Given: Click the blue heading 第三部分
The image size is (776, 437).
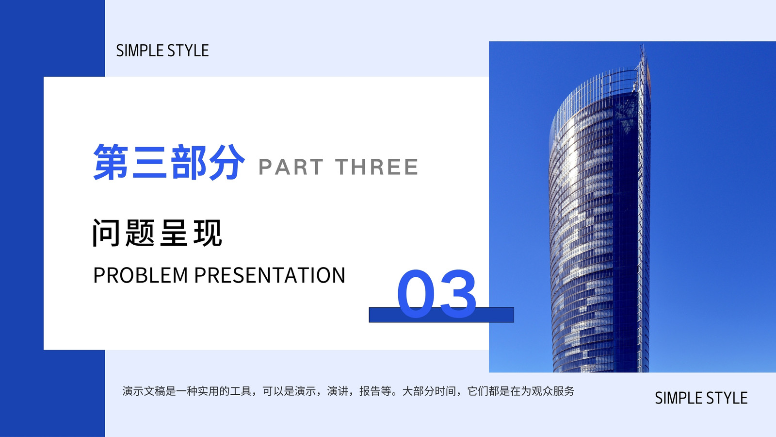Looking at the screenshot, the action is point(169,162).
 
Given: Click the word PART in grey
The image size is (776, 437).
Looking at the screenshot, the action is point(291,167).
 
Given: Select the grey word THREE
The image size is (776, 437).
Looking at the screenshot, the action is point(376,167).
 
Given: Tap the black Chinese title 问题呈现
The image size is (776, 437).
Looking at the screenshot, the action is point(157,233).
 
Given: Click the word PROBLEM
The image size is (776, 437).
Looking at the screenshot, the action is point(141,275).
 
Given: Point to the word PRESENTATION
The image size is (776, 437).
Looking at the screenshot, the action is point(270,275).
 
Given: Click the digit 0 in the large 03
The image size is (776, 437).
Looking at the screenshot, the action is point(416,293).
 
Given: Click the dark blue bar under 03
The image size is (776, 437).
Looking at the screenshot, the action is point(441,315).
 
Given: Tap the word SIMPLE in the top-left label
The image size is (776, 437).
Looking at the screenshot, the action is point(140,50).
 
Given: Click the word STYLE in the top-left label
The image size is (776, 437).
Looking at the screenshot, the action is point(188,50).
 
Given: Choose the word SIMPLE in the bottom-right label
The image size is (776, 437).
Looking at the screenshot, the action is point(679,398).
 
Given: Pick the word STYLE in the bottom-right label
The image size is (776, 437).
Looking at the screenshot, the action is point(727,398).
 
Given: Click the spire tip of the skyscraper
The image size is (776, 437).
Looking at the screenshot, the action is point(642,45).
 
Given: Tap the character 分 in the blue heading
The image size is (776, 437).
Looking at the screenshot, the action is point(227,162).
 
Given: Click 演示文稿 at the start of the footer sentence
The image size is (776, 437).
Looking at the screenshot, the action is point(144,391).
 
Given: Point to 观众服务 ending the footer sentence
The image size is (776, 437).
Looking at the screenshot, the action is point(553,391).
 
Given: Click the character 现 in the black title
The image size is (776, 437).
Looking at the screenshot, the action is point(208,233).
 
